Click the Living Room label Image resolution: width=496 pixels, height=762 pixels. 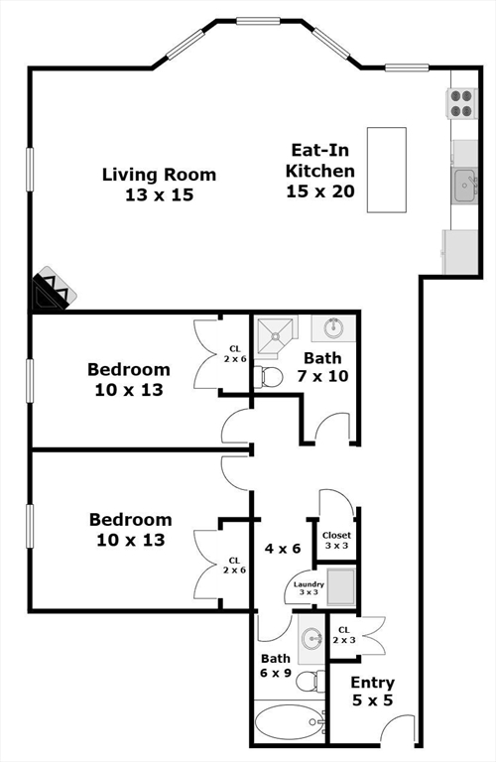tap(159, 185)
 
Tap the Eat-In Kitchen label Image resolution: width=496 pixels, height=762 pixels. tap(320, 171)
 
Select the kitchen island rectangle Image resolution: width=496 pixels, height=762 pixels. tap(388, 169)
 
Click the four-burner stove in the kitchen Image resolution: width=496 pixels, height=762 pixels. tap(462, 103)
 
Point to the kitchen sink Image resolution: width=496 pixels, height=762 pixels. tap(464, 185)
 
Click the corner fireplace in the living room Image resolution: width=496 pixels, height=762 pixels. tap(50, 293)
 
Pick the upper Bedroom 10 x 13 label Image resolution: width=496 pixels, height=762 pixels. tap(128, 379)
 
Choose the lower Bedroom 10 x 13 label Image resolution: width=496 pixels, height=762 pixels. tap(130, 530)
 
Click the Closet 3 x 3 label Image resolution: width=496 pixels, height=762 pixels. tap(336, 541)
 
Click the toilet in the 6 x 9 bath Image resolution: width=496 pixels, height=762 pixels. tap(314, 681)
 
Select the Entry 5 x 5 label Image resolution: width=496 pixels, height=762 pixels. tap(372, 692)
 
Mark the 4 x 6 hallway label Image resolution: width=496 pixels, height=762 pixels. tap(282, 548)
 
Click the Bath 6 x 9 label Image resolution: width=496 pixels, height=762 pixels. tap(275, 666)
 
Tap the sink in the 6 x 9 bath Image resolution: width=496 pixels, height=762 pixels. tap(311, 638)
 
